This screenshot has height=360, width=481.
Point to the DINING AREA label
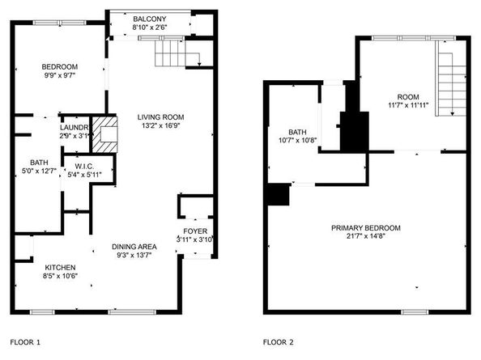(x=134, y=246)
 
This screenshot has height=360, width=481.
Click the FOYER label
(x=195, y=231)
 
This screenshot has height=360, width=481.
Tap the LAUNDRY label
(x=74, y=128)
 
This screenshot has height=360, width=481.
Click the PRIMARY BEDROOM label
(x=369, y=227)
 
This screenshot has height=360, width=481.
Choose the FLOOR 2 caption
(x=278, y=342)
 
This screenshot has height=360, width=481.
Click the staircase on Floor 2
(x=451, y=81)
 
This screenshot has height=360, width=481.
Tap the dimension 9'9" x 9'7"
(x=60, y=75)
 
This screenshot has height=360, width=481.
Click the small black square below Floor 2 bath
(x=278, y=195)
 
